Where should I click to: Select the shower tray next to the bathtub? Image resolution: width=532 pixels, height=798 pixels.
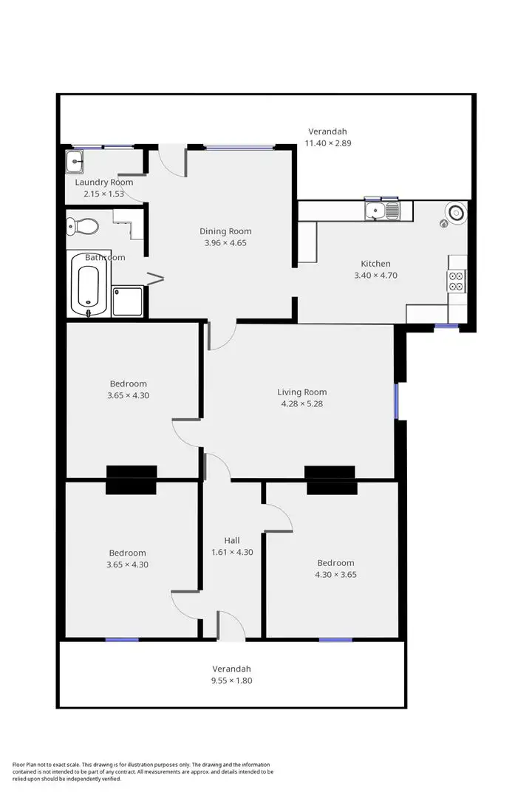click(x=126, y=301)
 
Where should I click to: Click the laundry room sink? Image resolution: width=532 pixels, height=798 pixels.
click(x=75, y=161)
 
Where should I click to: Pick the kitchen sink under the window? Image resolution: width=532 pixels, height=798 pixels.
click(x=383, y=212)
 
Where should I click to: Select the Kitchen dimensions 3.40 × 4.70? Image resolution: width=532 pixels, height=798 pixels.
click(x=375, y=276)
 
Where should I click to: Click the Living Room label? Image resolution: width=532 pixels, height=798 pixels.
click(x=301, y=392)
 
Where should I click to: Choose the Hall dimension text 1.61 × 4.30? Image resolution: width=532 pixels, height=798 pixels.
click(x=232, y=552)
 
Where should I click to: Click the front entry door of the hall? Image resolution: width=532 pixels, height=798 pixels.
click(x=231, y=627)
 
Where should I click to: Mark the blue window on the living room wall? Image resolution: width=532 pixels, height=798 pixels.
click(x=396, y=401)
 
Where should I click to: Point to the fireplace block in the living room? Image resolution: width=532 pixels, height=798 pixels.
click(x=330, y=473)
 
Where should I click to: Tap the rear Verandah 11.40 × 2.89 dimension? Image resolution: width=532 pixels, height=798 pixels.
click(x=327, y=143)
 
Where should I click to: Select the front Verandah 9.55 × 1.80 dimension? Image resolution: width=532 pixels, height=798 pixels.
click(x=232, y=681)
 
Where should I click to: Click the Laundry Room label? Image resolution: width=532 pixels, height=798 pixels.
click(x=104, y=182)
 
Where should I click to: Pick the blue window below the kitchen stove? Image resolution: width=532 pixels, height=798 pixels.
click(x=446, y=326)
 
